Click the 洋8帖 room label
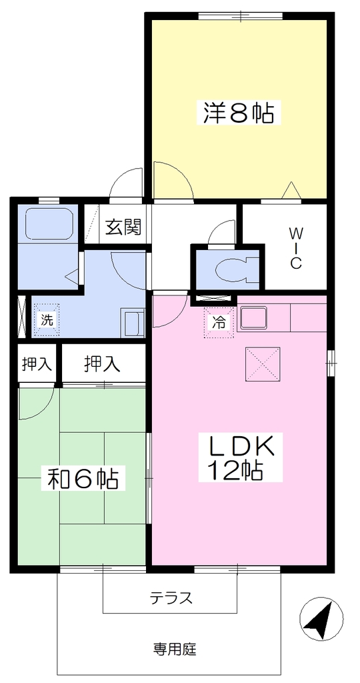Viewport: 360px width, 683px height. [x=238, y=112]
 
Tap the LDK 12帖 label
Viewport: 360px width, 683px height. [x=240, y=457]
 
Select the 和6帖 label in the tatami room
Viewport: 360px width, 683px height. [x=82, y=478]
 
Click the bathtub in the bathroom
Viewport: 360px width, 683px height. [x=48, y=223]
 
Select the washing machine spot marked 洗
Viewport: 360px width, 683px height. [x=46, y=321]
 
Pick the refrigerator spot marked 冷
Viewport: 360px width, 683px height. [x=219, y=322]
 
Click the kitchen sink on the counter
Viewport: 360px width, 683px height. [x=253, y=317]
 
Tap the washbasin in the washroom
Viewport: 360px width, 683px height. [x=133, y=323]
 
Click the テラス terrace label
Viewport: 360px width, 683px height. [x=171, y=598]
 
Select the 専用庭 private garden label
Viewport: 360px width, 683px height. [x=175, y=650]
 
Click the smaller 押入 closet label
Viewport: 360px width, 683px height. [x=37, y=364]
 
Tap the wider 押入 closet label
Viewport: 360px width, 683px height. [x=102, y=364]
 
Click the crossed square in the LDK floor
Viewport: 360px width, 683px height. [x=263, y=364]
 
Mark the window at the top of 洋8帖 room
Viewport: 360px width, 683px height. [x=241, y=16]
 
